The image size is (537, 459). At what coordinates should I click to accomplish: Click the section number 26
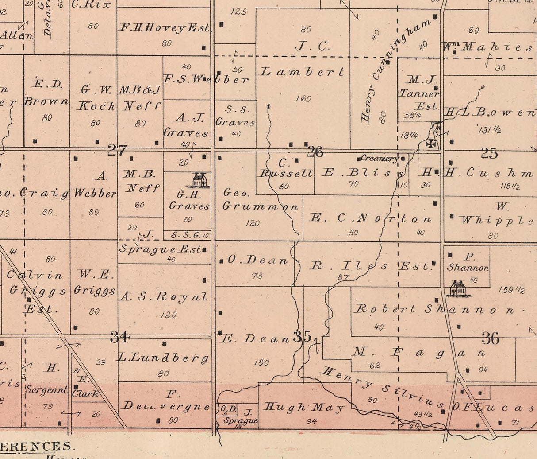[315, 152]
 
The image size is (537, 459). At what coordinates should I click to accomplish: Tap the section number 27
[117, 151]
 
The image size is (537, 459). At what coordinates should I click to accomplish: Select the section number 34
[119, 338]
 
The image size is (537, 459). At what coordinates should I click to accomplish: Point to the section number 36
[490, 339]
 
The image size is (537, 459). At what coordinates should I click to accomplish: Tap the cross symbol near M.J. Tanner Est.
[430, 144]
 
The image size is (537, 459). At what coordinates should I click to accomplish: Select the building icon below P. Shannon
[457, 288]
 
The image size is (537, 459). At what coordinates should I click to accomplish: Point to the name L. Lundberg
[163, 358]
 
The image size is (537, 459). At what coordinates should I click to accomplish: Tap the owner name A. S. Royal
[163, 297]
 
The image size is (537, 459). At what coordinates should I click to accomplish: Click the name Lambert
[302, 72]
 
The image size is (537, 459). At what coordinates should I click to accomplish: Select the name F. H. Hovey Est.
[165, 28]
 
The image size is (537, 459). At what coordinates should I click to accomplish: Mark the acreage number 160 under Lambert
[303, 98]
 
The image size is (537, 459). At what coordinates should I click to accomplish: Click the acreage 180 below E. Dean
[261, 362]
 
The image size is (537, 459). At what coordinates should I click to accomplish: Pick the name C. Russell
[285, 169]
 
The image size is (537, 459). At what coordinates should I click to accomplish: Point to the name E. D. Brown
[46, 93]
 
